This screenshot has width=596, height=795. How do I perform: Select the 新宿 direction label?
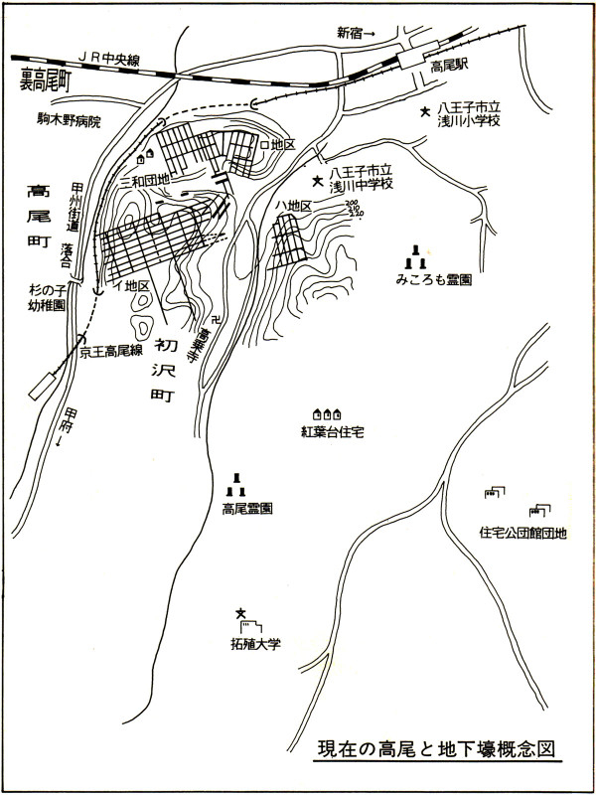pyautogui.click(x=356, y=33)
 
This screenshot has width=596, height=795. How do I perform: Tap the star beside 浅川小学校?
pyautogui.click(x=425, y=112)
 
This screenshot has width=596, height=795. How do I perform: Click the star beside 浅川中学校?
pyautogui.click(x=318, y=181)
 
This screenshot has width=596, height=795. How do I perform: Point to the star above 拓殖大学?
pyautogui.click(x=239, y=613)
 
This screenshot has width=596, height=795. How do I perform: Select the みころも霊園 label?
pyautogui.click(x=431, y=281)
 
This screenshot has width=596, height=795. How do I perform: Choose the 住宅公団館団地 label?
pyautogui.click(x=522, y=533)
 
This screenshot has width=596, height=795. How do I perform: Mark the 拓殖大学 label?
pyautogui.click(x=250, y=643)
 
